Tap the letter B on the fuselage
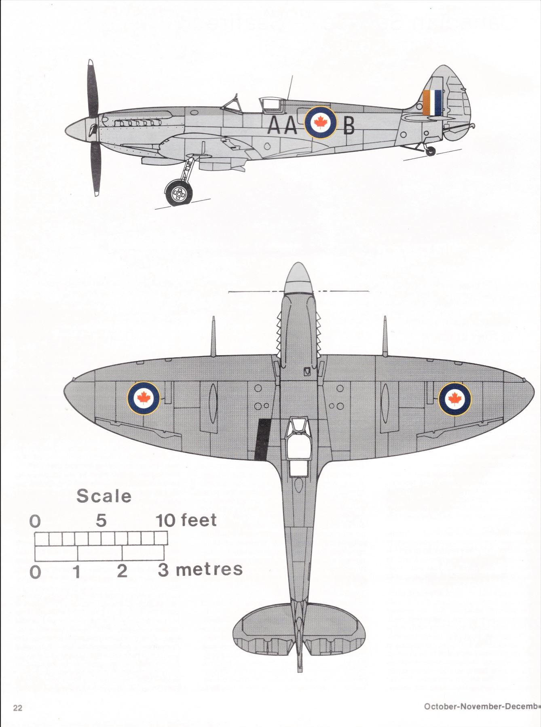(349, 126)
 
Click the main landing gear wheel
(178, 194)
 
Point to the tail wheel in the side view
(431, 151)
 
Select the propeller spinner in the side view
(77, 129)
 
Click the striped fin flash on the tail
(432, 103)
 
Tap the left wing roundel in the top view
(144, 398)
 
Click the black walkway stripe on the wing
(263, 439)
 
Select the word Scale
(104, 496)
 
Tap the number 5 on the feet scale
(101, 520)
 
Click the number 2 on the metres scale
(122, 571)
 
